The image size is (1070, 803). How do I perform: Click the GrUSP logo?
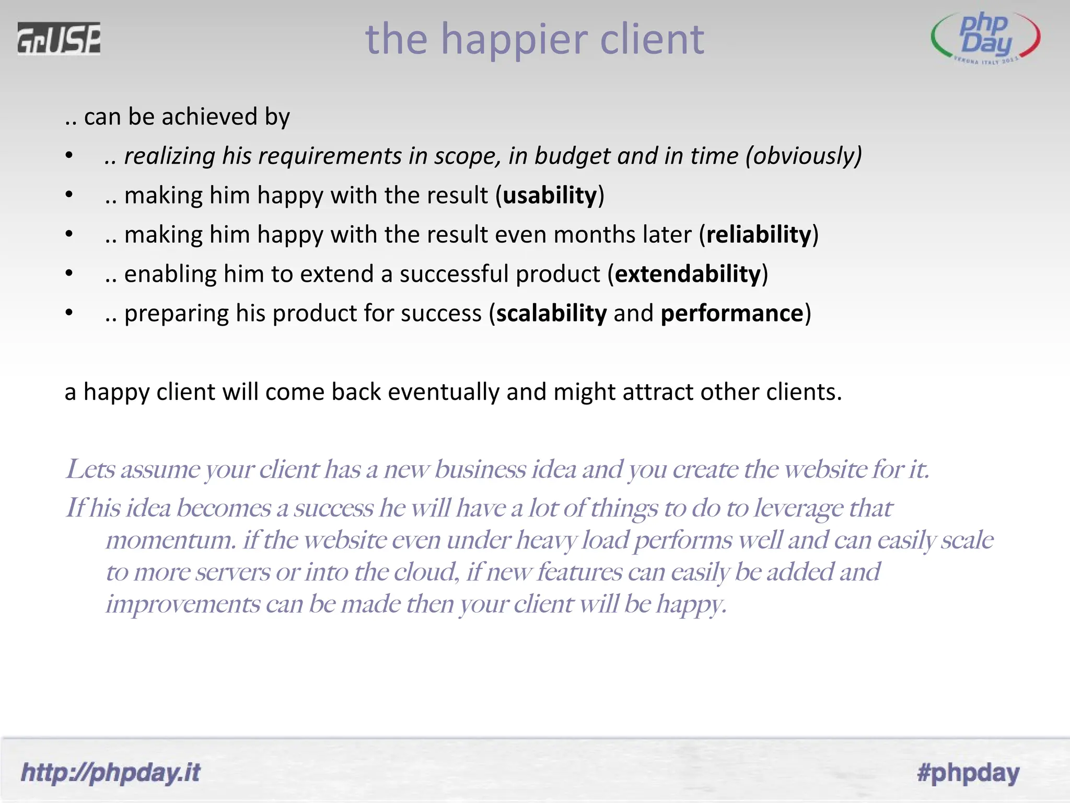59,38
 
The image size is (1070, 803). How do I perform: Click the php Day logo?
985,38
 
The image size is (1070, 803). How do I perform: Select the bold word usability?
550,196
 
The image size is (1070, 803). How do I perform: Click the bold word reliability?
759,235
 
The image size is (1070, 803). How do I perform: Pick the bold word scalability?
551,314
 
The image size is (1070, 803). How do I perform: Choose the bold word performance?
731,314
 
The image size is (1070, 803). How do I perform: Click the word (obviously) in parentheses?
804,156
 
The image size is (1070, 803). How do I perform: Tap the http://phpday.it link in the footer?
110,773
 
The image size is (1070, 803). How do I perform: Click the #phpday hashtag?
968,773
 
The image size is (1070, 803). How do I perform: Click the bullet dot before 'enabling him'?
69,273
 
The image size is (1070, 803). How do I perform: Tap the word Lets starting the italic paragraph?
90,469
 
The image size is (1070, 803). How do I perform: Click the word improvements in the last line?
183,604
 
